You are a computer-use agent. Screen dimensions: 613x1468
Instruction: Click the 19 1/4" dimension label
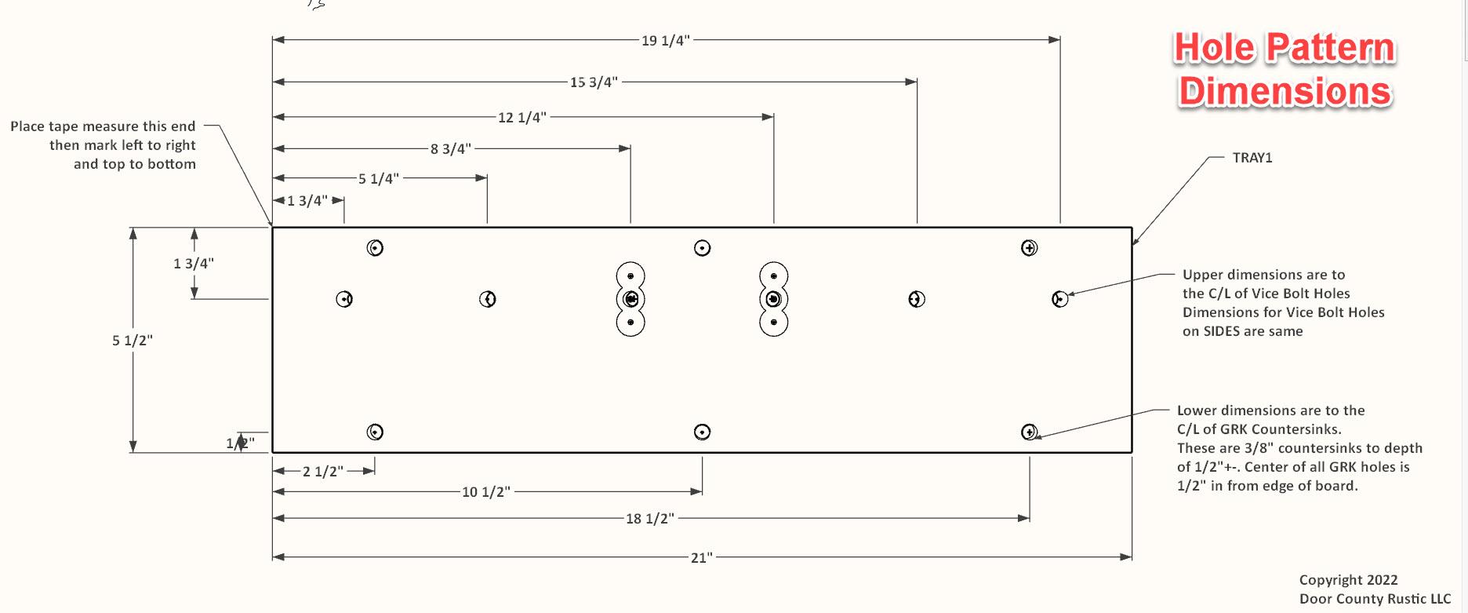(665, 40)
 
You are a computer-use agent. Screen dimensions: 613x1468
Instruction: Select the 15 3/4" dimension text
(594, 82)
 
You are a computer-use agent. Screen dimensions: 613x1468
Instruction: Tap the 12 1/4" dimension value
(521, 118)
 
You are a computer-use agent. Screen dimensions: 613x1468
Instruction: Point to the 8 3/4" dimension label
(450, 149)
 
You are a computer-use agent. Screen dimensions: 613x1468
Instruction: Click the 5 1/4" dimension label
(379, 179)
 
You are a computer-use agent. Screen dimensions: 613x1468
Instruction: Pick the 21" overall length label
(701, 558)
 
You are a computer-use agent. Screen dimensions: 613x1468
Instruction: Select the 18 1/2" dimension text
(649, 519)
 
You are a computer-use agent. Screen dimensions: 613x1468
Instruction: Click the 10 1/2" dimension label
(485, 492)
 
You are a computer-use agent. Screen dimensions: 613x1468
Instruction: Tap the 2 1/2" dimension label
(323, 472)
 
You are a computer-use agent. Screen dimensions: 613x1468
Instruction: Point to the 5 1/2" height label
(132, 341)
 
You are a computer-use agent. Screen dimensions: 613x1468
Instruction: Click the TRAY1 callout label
(1252, 158)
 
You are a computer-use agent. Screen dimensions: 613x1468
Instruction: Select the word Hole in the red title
(1214, 48)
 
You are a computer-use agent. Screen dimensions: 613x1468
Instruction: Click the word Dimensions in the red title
(1285, 92)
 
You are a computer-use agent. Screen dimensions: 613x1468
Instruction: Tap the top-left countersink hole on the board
(376, 248)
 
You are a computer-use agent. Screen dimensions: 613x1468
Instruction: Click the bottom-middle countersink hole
(703, 432)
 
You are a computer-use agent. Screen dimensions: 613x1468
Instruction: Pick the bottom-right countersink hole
(1030, 432)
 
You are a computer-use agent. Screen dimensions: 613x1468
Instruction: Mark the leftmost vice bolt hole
(344, 299)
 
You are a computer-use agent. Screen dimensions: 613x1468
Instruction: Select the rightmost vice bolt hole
(1060, 299)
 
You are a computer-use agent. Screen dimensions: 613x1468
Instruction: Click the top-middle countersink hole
(703, 248)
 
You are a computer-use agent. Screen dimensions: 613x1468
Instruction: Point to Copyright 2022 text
(1348, 580)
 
